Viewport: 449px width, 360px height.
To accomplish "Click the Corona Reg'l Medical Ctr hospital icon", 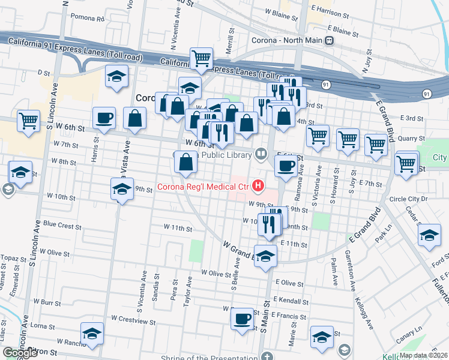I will point(258,187).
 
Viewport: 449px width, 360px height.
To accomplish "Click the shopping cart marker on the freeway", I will point(201,58).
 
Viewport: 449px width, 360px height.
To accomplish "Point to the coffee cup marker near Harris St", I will point(104,118).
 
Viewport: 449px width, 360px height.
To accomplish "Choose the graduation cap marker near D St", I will point(117,76).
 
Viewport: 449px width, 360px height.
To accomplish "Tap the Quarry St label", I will point(411,138).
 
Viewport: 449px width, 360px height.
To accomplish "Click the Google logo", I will point(20,353).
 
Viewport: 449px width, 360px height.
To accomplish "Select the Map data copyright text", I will point(423,355).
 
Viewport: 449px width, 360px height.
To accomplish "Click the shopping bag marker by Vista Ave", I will point(134,118).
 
